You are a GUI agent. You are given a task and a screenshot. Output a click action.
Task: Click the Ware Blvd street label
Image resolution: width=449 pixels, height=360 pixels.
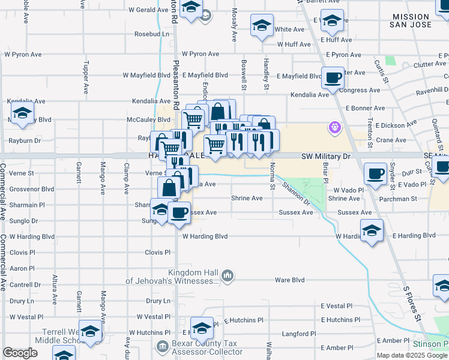pos(290,280)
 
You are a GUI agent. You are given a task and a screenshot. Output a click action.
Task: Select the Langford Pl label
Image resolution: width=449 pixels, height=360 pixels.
pos(299,334)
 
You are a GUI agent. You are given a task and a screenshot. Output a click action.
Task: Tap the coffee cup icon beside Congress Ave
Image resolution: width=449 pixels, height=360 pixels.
pos(333,77)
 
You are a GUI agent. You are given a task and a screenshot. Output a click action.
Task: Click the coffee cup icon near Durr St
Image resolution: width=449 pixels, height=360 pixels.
pos(376,173)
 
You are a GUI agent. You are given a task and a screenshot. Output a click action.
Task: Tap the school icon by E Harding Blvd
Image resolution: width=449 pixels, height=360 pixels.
pos(372,230)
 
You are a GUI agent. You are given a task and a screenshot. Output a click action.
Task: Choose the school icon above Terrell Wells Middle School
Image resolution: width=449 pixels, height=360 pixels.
pos(91,331)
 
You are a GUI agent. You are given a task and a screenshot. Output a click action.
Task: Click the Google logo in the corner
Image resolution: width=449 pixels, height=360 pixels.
pos(20,353)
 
